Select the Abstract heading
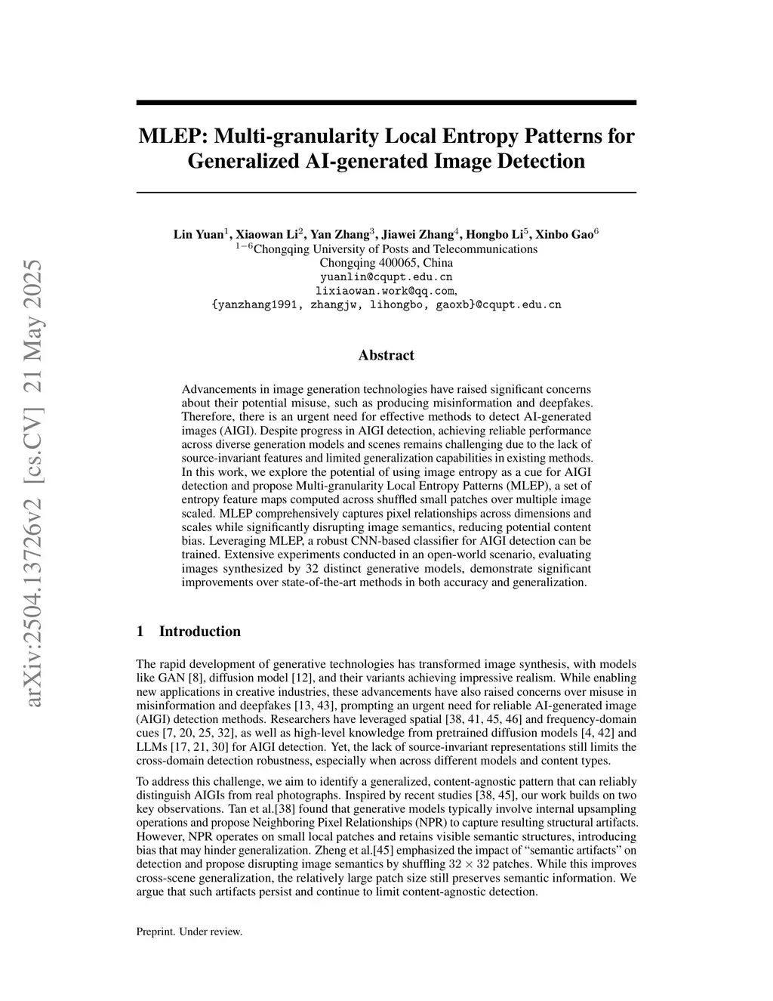point(386,355)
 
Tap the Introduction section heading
point(199,632)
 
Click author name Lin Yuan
point(199,234)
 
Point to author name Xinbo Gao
point(564,234)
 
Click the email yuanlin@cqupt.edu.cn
point(386,277)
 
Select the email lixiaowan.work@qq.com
point(385,291)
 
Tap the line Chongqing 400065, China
point(386,263)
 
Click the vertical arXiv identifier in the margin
point(34,484)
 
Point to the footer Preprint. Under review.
point(189,931)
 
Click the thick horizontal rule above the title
point(386,102)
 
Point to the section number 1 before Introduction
point(140,632)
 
